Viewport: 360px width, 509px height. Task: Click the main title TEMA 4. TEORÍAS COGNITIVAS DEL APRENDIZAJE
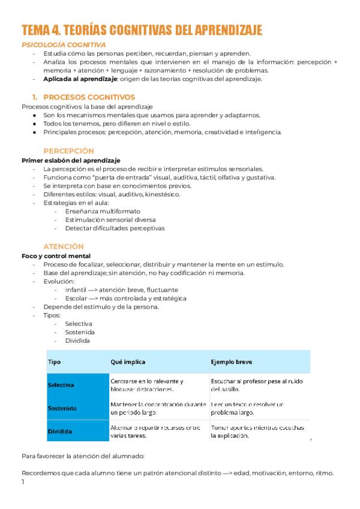pyautogui.click(x=142, y=31)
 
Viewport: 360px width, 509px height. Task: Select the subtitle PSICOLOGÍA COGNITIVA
pyautogui.click(x=64, y=45)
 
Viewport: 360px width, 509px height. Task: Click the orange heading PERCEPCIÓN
pyautogui.click(x=69, y=151)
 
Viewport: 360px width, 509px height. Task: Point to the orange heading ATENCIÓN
pyautogui.click(x=64, y=247)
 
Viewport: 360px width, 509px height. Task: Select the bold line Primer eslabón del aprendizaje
pyautogui.click(x=71, y=161)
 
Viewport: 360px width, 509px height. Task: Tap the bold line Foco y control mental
pyautogui.click(x=56, y=256)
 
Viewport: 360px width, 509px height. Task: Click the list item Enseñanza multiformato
pyautogui.click(x=103, y=211)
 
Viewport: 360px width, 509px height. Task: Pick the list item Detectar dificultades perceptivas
pyautogui.click(x=115, y=228)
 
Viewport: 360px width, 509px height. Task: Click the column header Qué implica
pyautogui.click(x=128, y=363)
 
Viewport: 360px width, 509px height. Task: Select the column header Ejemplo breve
pyautogui.click(x=232, y=363)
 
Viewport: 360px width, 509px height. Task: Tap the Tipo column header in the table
pyautogui.click(x=54, y=363)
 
